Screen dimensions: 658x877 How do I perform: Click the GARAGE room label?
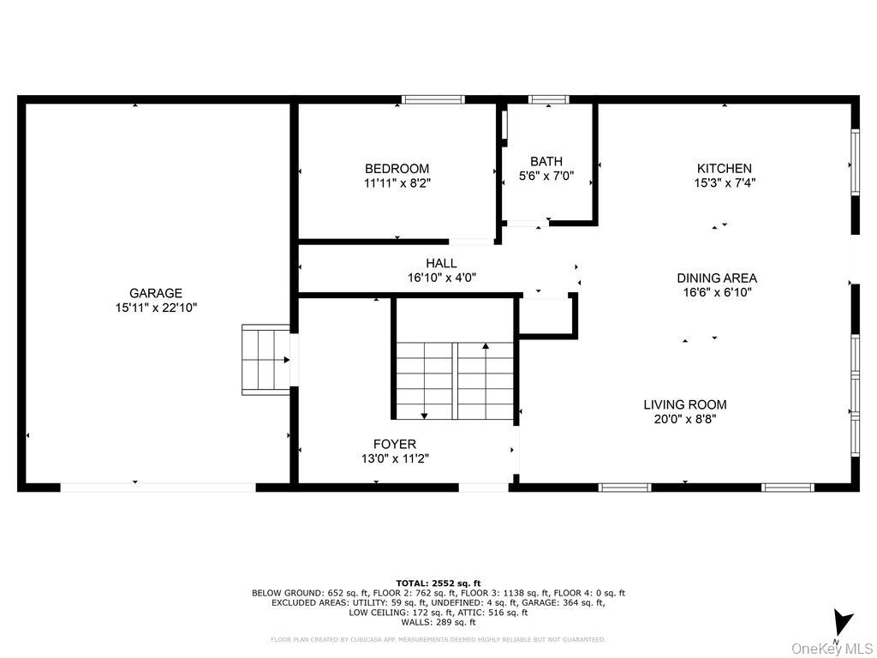coord(156,293)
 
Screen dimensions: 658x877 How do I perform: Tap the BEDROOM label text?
coord(397,169)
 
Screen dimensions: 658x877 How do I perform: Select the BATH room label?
coord(546,161)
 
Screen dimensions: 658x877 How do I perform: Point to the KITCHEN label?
coord(725,169)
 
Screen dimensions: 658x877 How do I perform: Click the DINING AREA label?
coord(717,278)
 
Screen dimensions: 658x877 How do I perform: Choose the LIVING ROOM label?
coord(685,404)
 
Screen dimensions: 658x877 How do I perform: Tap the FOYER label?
coord(395,444)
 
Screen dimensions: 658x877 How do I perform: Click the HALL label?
coord(441,263)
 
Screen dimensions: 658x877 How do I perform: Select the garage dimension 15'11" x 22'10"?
coord(156,307)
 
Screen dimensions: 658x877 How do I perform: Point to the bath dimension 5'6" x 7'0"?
coord(546,176)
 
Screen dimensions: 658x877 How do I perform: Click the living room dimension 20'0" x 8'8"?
coord(685,419)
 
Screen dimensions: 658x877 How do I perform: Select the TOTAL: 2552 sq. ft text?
coord(438,583)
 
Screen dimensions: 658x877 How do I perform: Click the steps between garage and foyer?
coord(265,360)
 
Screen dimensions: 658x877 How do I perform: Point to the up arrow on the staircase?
coord(486,347)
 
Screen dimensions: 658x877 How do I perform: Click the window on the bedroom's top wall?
coord(433,99)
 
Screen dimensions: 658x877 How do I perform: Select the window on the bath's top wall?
coord(549,99)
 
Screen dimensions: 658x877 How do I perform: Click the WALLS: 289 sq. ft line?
coord(438,623)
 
